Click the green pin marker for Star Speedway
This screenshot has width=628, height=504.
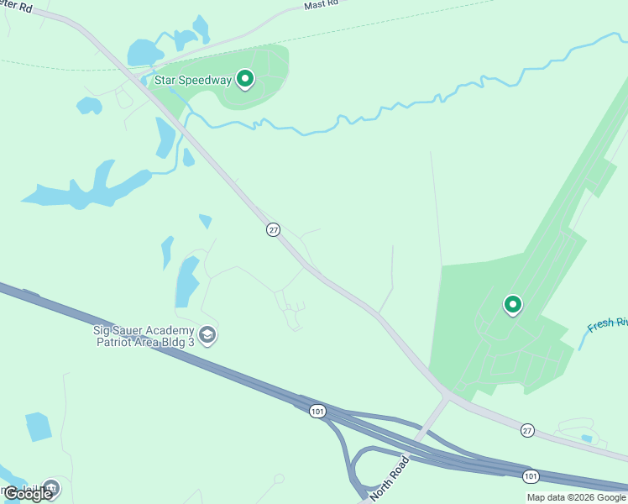point(245,79)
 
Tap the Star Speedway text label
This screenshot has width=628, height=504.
point(193,81)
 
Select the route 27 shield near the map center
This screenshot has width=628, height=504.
point(273,229)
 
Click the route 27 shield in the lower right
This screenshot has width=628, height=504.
point(526,429)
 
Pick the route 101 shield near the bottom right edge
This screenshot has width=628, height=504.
point(531,476)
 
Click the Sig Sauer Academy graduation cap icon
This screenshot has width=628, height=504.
point(207,336)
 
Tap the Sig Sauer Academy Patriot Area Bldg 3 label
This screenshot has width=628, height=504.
point(144,336)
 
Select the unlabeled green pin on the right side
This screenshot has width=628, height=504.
point(512,304)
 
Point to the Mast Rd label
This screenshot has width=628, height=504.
point(321,5)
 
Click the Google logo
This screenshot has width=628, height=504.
point(28,494)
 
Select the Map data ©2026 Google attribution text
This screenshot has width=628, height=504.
point(576,497)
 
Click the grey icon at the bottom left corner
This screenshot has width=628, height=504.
point(51,487)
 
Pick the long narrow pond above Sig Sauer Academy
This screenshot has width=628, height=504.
point(186,281)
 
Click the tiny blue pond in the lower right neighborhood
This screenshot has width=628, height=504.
point(586,438)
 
